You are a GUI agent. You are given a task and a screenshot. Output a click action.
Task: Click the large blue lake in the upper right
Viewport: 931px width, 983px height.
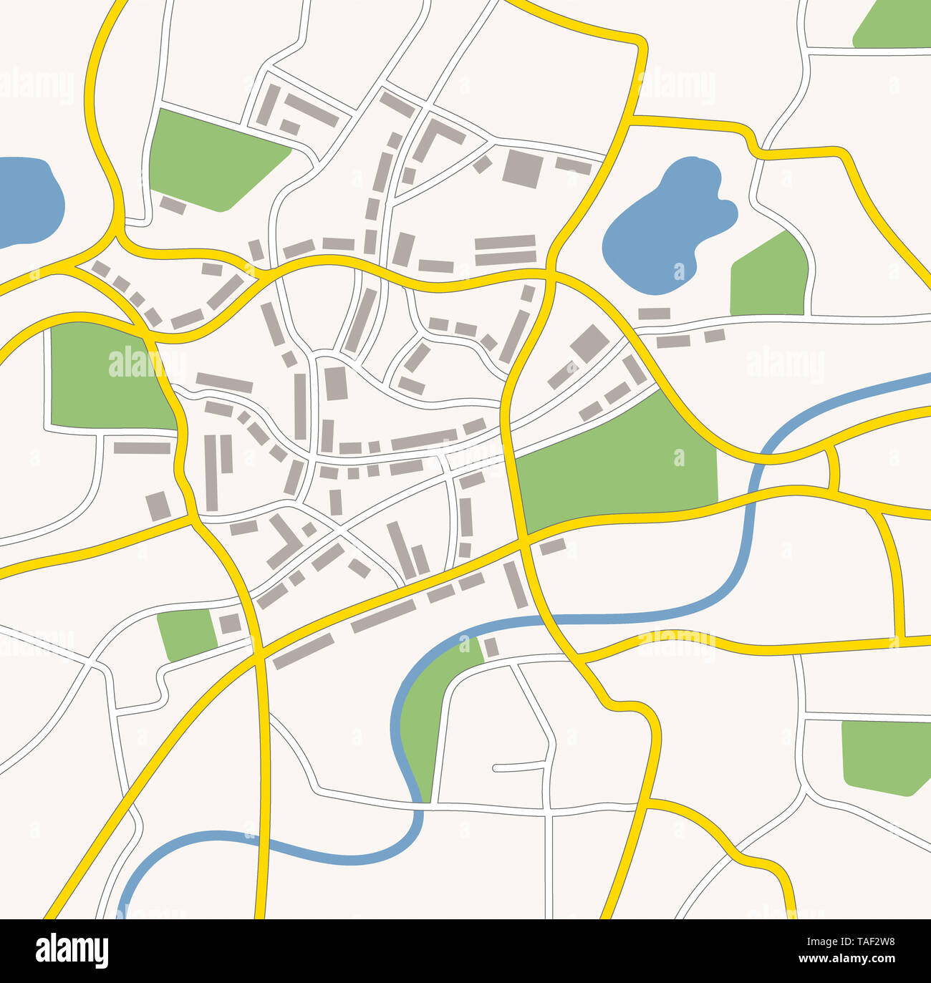662,226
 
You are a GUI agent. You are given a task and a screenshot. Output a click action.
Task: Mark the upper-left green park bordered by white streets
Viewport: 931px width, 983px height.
211,161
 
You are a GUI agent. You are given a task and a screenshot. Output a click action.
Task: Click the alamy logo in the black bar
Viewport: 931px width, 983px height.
72,951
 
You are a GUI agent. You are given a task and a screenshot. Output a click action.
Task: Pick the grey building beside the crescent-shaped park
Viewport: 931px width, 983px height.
491,647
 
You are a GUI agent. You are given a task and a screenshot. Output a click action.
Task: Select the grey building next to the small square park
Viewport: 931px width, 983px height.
229,624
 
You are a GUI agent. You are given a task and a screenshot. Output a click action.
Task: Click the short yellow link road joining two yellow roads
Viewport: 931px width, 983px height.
833,468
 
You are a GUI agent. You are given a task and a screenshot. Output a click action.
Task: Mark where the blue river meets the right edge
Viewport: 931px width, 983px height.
927,374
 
